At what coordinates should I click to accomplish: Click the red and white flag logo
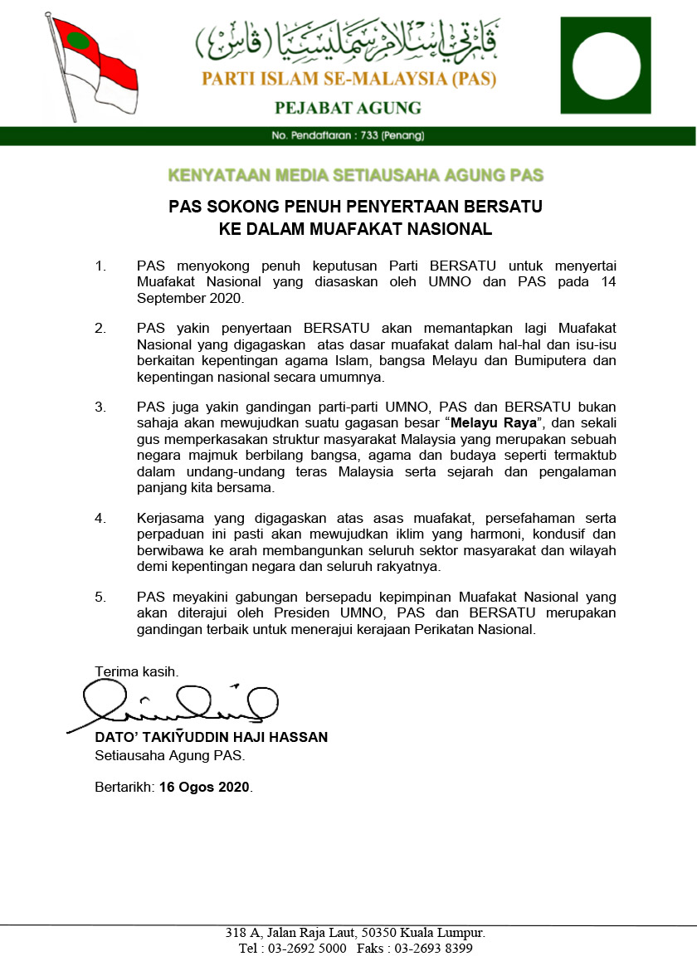(x=91, y=66)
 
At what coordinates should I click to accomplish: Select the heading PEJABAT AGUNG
(x=348, y=108)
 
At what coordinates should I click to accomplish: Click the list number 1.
(x=101, y=266)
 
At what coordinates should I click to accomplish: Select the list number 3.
(x=101, y=407)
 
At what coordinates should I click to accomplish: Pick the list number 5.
(x=101, y=598)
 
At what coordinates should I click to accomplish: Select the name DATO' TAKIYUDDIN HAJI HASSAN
(x=211, y=737)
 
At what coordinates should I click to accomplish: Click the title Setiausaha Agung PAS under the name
(x=170, y=755)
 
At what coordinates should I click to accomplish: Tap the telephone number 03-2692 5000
(x=304, y=949)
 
